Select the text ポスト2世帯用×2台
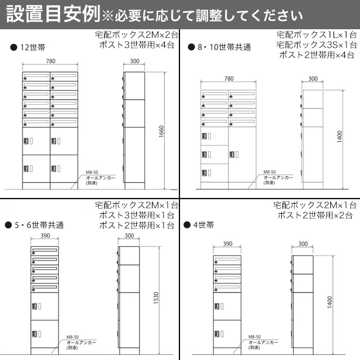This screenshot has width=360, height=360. pyautogui.click(x=314, y=215)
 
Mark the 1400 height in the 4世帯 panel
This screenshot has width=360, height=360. pyautogui.click(x=339, y=304)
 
